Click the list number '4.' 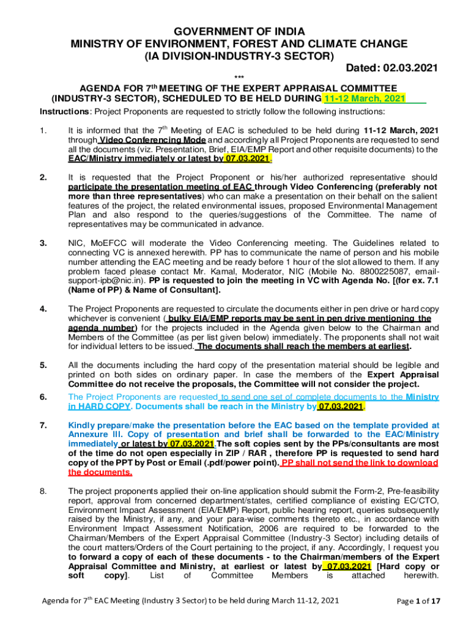point(43,309)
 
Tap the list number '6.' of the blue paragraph point(43,397)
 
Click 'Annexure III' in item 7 point(94,434)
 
